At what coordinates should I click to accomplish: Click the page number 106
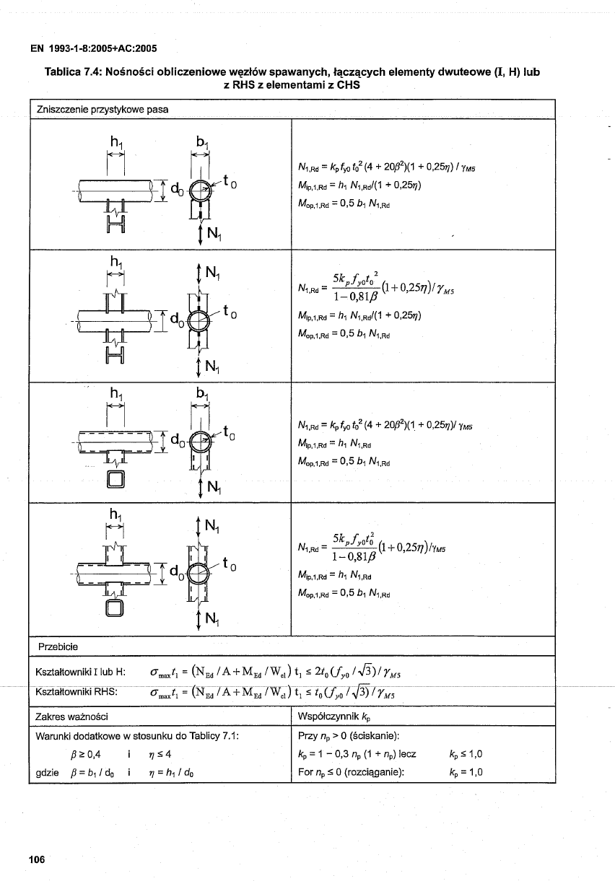37,858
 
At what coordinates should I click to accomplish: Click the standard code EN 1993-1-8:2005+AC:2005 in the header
93,49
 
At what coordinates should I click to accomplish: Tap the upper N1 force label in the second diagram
211,273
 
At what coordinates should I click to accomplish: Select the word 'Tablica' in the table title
66,73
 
